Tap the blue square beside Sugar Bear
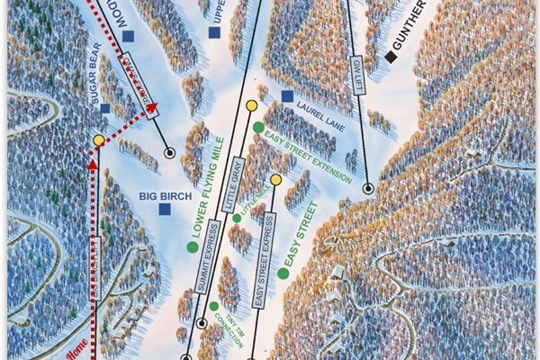[105, 109]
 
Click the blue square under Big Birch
[165, 210]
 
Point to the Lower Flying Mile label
[206, 184]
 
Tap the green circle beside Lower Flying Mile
[192, 247]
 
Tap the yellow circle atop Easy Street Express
[276, 180]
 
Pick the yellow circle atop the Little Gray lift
[252, 107]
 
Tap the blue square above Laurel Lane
[287, 96]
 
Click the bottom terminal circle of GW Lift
[368, 189]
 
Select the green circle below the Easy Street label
[283, 273]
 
